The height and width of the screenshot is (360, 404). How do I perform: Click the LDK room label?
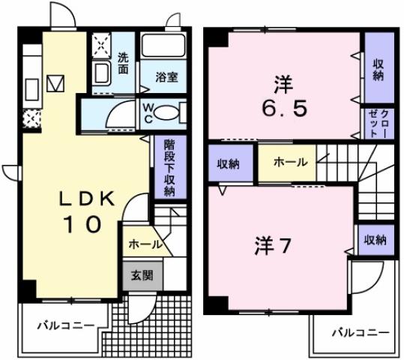(x=87, y=198)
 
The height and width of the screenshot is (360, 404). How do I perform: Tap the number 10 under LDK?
(x=87, y=224)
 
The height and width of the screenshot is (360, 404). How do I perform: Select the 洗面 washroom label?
(x=124, y=61)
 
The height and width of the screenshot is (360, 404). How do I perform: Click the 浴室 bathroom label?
(x=166, y=76)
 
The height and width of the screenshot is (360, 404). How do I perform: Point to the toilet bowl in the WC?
(x=169, y=113)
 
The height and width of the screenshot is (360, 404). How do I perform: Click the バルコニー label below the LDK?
(x=67, y=326)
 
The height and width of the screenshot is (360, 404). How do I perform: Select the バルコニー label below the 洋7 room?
(x=361, y=332)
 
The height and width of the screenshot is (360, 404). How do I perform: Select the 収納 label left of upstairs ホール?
(x=229, y=163)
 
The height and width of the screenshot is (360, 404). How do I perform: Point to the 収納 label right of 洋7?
(x=375, y=240)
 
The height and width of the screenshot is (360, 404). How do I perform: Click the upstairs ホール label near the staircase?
(x=289, y=162)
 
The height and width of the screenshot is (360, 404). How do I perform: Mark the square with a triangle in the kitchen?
(x=57, y=81)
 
